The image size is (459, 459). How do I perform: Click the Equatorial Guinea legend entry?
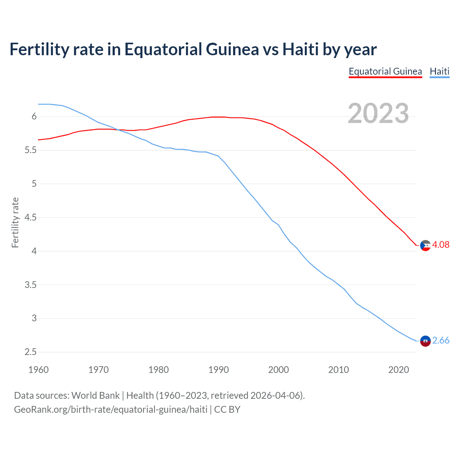(x=385, y=71)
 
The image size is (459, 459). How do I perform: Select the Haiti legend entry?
(x=439, y=71)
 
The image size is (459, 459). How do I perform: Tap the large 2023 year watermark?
(x=378, y=113)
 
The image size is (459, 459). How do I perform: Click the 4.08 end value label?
(x=441, y=245)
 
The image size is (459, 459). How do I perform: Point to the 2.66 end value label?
(x=441, y=340)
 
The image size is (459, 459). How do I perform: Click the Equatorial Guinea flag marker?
(x=425, y=246)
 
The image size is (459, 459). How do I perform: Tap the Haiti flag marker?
(x=425, y=341)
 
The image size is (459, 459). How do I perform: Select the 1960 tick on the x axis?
(x=38, y=370)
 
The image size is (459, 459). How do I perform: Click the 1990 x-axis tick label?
(x=218, y=370)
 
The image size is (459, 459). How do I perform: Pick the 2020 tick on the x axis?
(x=398, y=370)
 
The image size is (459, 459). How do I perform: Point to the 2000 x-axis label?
(x=278, y=370)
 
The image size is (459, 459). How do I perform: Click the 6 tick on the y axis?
(x=34, y=117)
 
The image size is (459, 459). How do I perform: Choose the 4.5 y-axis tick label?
(x=30, y=218)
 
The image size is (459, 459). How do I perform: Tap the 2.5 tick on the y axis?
(x=30, y=352)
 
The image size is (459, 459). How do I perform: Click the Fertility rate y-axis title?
(x=15, y=222)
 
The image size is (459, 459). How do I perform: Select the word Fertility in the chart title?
(x=39, y=49)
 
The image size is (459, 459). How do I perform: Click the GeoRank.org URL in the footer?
(x=110, y=410)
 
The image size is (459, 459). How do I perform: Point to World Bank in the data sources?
(x=95, y=396)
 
